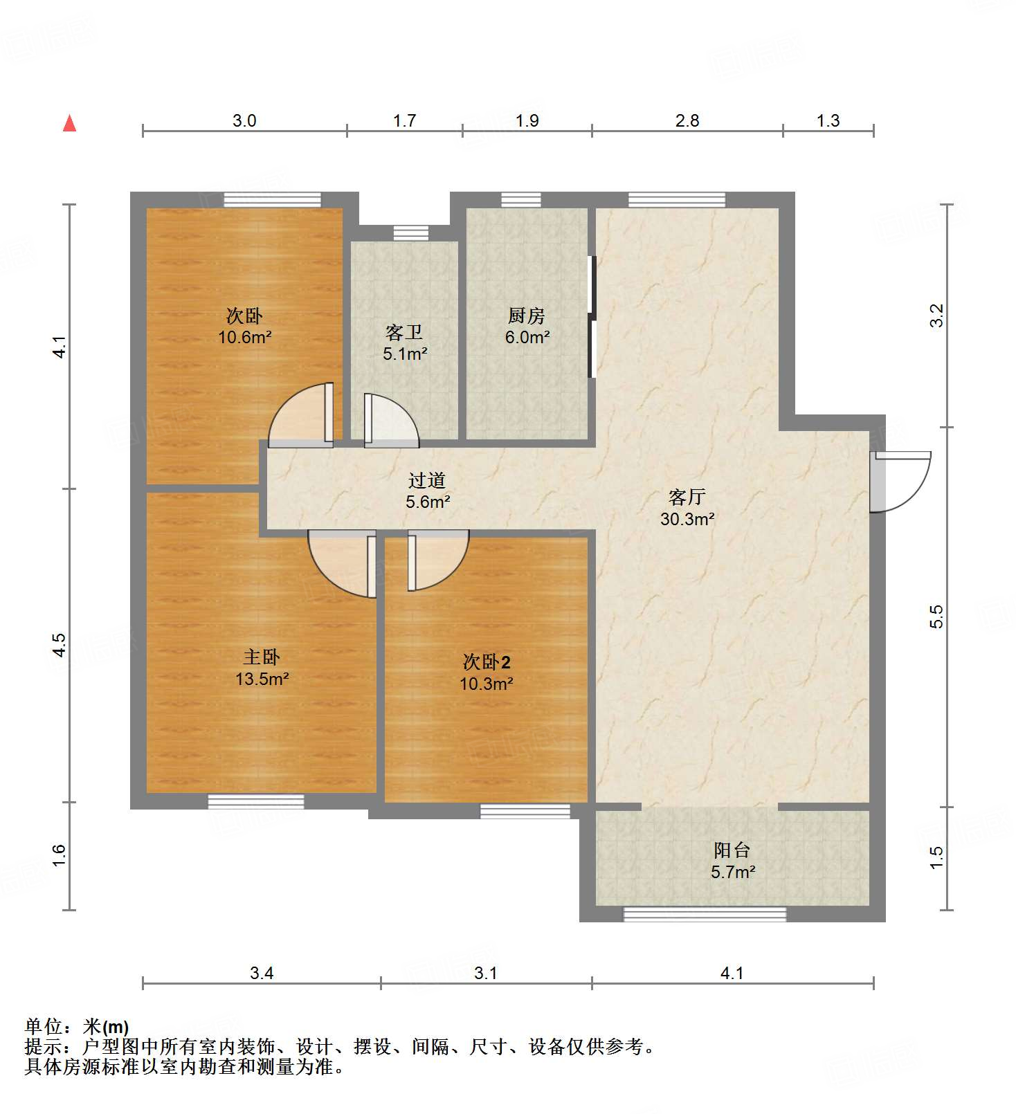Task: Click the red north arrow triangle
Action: tap(69, 124)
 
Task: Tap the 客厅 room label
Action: tap(687, 497)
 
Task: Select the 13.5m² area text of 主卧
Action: tap(262, 679)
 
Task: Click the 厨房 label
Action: tap(527, 316)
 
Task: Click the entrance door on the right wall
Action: tap(900, 481)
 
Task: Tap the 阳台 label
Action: tap(732, 850)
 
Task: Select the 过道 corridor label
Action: tap(426, 480)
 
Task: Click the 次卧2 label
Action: tap(487, 662)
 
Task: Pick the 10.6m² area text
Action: tap(244, 338)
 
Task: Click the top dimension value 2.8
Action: tap(687, 121)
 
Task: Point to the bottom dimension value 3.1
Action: tap(485, 974)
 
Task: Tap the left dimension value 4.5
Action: tap(60, 645)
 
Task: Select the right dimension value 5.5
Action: tap(936, 616)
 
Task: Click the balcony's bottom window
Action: tap(705, 915)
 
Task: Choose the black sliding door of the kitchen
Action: tap(592, 317)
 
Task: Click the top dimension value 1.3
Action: tap(828, 121)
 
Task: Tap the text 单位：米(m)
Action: tap(77, 1027)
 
